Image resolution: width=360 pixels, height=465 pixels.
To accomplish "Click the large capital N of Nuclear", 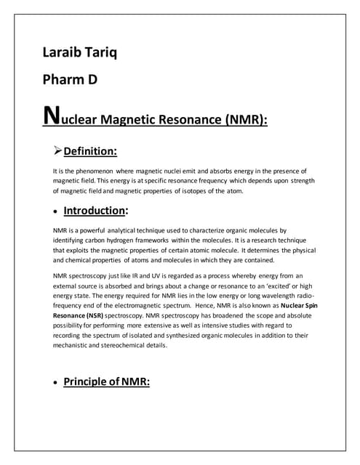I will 52,116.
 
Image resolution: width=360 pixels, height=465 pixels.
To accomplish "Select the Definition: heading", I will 90,152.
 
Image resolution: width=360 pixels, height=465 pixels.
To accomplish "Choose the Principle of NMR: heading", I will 106,381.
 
